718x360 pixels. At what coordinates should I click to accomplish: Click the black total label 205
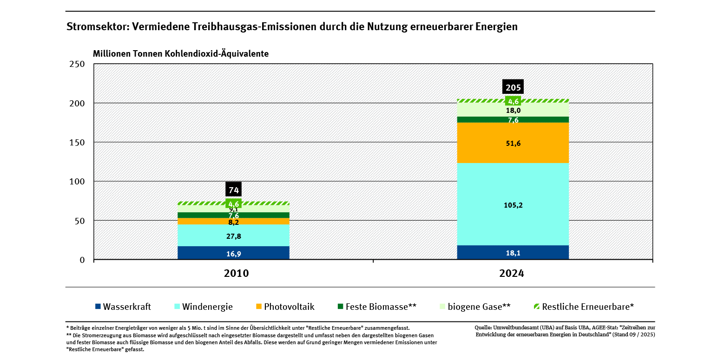pos(513,87)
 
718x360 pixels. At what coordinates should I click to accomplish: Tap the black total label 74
pos(233,190)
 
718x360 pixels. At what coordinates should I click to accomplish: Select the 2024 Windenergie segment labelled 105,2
pos(513,205)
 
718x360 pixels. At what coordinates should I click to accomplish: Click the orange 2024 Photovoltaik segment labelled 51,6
pos(513,143)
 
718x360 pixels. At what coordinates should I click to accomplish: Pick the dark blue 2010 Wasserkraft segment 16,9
pos(233,254)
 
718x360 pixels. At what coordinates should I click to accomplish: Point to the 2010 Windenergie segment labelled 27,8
pos(233,236)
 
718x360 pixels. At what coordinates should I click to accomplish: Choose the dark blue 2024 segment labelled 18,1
pos(513,253)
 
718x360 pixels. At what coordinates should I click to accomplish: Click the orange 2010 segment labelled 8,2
pos(233,222)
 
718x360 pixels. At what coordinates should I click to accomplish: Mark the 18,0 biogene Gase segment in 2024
pos(513,111)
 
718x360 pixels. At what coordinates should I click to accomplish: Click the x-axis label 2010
pos(236,274)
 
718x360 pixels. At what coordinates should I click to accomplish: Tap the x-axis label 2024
pos(512,274)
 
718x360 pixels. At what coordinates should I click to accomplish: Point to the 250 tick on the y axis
pos(77,64)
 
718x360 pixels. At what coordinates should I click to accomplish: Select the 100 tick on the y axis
pos(77,181)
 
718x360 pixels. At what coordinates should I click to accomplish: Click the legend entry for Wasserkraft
pos(123,307)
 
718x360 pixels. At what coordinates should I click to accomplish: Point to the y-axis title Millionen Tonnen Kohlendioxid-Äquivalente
pos(181,53)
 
